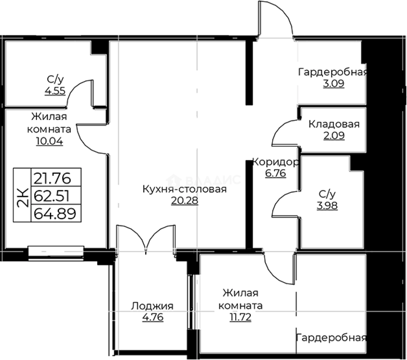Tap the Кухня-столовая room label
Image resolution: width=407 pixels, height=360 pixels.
185,189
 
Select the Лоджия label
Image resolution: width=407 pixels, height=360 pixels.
152,306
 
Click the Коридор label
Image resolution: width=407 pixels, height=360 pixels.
275,162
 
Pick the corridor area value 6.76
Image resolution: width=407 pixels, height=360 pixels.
275,173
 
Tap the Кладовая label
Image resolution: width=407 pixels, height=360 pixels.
334,124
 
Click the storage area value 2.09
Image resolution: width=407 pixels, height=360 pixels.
334,136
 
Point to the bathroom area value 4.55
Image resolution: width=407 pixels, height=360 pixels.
55,91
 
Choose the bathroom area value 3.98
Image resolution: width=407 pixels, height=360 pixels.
327,205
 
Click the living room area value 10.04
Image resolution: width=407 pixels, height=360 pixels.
49,141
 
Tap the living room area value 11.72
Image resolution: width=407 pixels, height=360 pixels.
240,317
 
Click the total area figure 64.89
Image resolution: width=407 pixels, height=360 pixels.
56,213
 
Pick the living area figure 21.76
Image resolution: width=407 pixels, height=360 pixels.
56,178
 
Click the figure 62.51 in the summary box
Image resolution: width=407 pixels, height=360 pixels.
56,196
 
